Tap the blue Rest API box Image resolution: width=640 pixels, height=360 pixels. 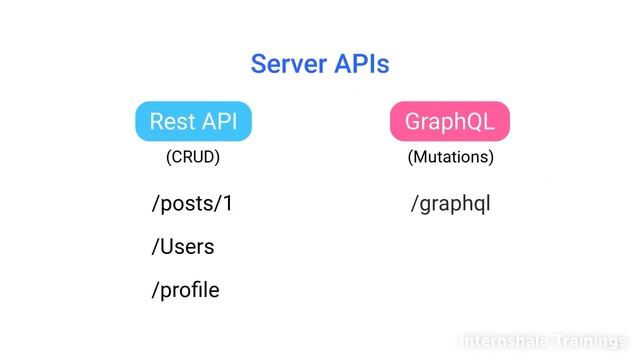coord(193,122)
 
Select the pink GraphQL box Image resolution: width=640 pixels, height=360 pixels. coord(450,122)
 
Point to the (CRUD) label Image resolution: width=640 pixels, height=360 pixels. coord(193,157)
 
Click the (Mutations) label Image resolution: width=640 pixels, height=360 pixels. coord(450,157)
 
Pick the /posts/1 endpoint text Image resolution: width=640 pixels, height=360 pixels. coord(192,204)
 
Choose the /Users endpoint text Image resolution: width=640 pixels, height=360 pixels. coord(182,247)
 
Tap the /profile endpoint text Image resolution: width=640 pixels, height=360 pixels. coord(185,291)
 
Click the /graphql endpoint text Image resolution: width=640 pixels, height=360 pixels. coord(450,204)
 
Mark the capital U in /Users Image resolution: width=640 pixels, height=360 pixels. coord(166,247)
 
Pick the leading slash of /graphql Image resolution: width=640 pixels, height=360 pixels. coord(414,204)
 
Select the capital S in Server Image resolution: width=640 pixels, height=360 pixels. coord(258,65)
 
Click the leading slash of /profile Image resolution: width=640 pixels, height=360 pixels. coord(154,291)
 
